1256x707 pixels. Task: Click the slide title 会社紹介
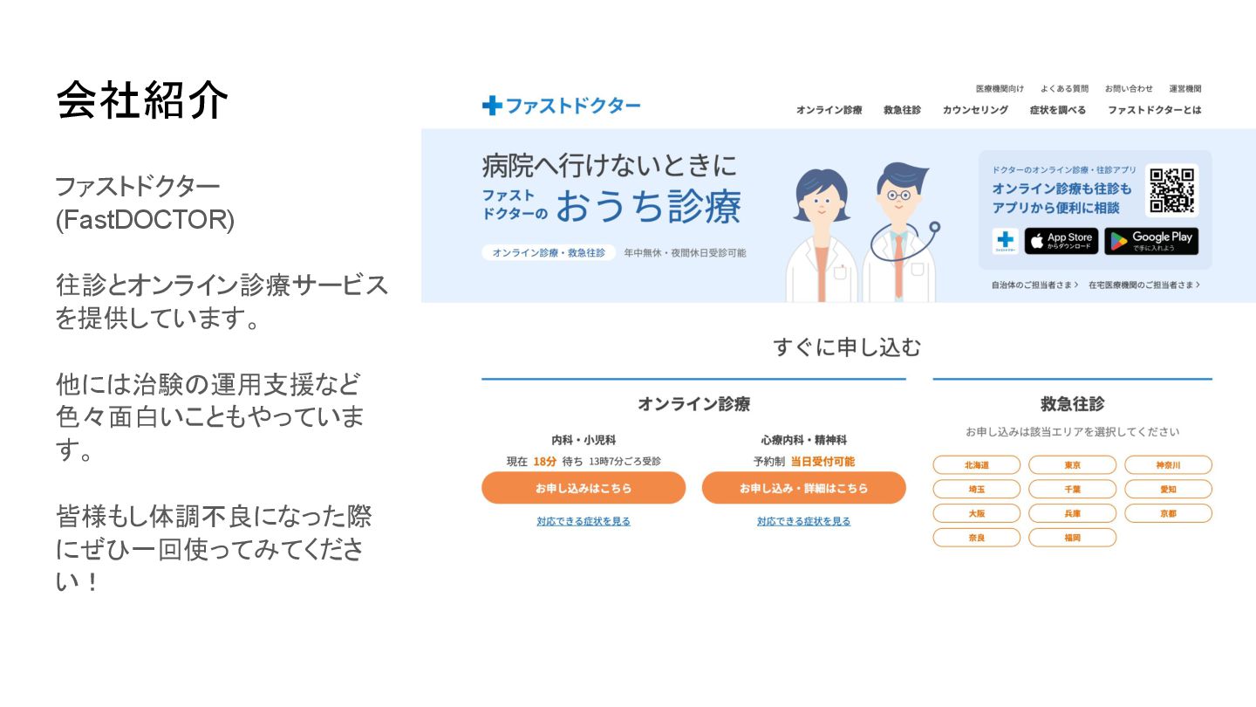coord(142,100)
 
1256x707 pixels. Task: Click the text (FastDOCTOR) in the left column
coord(145,220)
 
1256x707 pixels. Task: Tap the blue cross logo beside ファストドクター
coord(492,106)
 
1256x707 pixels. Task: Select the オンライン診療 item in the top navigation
coord(829,110)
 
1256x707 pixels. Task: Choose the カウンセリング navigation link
coord(975,110)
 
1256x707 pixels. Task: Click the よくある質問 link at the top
coord(1064,88)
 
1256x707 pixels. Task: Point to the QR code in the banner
coord(1171,190)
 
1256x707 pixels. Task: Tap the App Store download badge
coord(1061,241)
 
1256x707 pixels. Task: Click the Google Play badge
coord(1151,241)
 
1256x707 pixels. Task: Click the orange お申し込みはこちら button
coord(584,488)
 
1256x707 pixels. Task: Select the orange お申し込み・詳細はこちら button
coord(803,488)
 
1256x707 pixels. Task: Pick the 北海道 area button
coord(976,465)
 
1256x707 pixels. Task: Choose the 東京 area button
coord(1072,465)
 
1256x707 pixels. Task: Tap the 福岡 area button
coord(1072,538)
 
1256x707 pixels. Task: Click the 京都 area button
coord(1168,513)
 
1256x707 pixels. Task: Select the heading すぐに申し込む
coord(846,347)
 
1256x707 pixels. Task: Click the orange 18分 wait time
coord(544,461)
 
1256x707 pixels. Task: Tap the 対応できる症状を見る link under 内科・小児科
coord(584,522)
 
